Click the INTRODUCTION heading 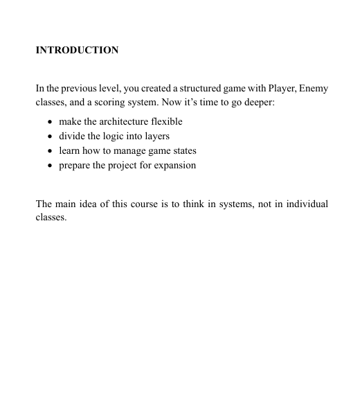point(77,51)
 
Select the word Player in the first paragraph point(272,89)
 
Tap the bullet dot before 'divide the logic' point(51,136)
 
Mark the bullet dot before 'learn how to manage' point(51,151)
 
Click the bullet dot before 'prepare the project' point(51,166)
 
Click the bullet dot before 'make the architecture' point(51,122)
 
